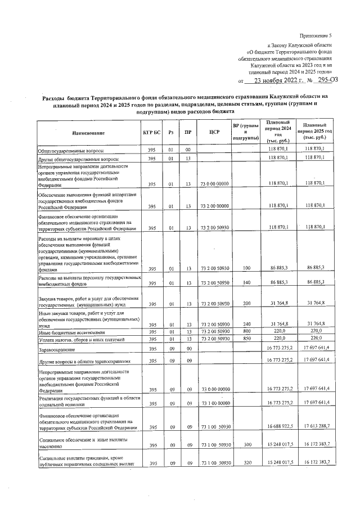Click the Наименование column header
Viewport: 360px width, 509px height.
click(x=88, y=133)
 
